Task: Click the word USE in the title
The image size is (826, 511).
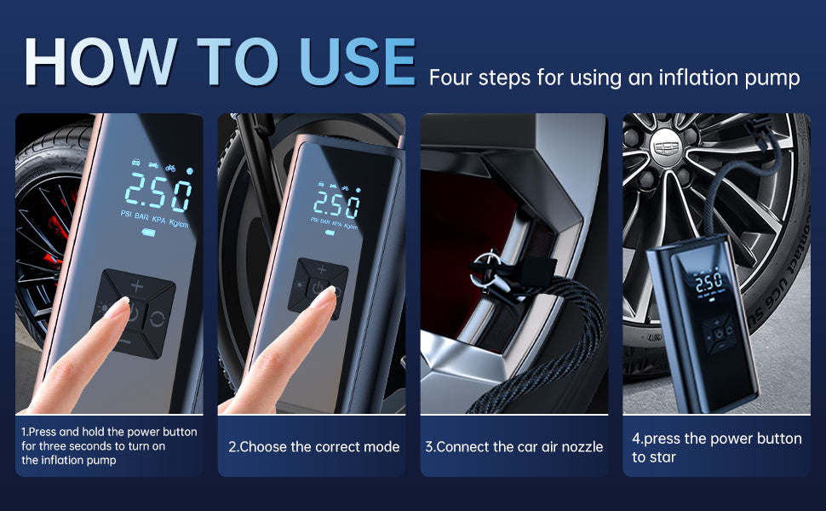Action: (358, 62)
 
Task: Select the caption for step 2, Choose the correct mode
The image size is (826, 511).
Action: (314, 447)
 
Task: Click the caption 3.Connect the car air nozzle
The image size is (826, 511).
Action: (514, 447)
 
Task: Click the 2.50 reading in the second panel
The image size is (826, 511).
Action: (336, 204)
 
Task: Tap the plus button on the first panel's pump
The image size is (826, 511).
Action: (137, 286)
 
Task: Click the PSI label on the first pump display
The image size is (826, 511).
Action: (126, 214)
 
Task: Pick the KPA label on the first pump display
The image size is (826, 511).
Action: (158, 220)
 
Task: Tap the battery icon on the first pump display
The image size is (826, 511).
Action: (148, 233)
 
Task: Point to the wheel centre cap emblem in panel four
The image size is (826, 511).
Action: (666, 148)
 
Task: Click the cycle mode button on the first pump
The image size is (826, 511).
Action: (157, 319)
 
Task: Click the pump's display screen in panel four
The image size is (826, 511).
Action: (709, 284)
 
